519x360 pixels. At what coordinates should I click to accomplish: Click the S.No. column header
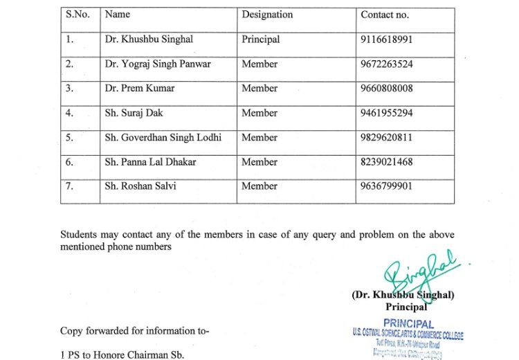(x=77, y=15)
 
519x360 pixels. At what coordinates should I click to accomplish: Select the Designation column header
(x=266, y=15)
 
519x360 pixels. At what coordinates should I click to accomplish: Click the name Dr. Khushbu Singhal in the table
(x=149, y=39)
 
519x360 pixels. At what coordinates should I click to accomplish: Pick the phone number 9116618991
(x=386, y=39)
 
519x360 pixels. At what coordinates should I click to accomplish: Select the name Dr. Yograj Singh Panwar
(x=158, y=64)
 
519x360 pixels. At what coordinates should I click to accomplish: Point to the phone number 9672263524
(x=387, y=64)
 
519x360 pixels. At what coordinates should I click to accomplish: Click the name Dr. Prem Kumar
(x=140, y=89)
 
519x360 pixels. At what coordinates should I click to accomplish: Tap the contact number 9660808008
(x=387, y=89)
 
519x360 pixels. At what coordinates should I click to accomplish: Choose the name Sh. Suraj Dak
(x=134, y=113)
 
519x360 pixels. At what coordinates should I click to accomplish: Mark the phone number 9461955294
(x=387, y=113)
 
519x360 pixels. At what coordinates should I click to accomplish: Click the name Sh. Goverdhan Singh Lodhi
(x=163, y=137)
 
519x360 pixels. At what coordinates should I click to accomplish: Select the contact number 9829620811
(x=387, y=137)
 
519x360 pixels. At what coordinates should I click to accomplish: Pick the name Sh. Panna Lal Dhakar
(x=150, y=162)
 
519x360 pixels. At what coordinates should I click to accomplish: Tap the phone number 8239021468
(x=387, y=162)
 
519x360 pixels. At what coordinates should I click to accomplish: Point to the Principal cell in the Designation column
(x=260, y=39)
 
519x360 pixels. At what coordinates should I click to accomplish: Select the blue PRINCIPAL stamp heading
(x=408, y=324)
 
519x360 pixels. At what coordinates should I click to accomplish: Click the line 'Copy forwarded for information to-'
(x=134, y=332)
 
